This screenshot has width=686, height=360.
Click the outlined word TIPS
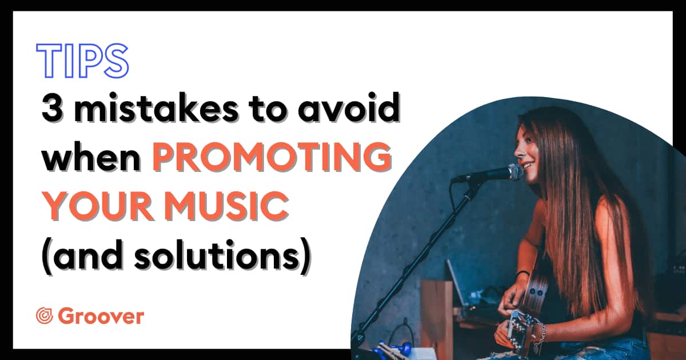[82, 61]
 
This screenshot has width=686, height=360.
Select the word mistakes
[155, 107]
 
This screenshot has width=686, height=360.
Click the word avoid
[349, 107]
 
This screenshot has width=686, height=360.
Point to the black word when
[91, 157]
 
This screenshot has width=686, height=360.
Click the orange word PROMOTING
[272, 157]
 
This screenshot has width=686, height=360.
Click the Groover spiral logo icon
[45, 316]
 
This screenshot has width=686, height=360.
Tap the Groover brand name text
[101, 316]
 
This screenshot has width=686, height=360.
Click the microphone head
[515, 173]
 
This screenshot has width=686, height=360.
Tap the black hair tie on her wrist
[523, 273]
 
